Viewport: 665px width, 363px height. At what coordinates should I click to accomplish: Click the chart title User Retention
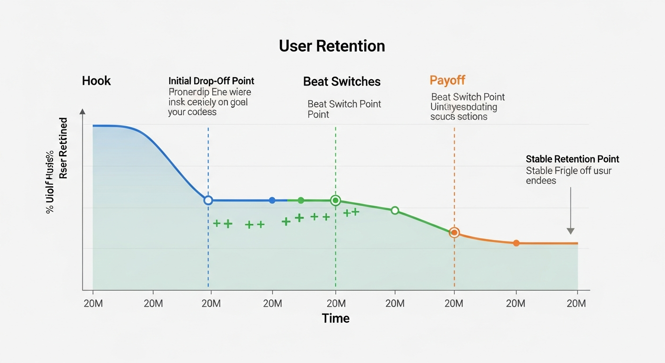pos(332,46)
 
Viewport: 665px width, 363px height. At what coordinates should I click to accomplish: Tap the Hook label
pos(96,81)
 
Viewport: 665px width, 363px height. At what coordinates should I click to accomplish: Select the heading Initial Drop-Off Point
pos(211,81)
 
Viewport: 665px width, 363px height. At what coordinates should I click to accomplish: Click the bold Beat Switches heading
pos(341,81)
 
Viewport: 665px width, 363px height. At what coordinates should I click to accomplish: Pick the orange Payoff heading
pos(447,80)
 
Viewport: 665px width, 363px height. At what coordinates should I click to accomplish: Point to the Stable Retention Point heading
pos(572,159)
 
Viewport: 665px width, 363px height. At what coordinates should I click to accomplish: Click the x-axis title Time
pos(335,318)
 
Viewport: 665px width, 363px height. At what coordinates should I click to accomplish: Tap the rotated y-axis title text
pos(57,165)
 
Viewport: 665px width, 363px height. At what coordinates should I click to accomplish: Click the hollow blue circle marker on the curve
pos(208,200)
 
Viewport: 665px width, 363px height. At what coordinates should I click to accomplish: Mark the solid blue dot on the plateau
pos(272,200)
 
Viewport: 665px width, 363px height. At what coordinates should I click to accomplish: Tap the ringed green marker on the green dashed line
pos(335,200)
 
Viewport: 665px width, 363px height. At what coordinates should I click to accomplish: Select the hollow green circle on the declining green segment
pos(395,210)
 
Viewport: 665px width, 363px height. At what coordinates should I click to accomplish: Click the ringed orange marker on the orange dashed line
pos(454,233)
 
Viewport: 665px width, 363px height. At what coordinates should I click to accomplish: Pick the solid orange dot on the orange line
pos(516,243)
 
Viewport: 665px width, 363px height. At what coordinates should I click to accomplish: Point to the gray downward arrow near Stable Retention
pos(571,211)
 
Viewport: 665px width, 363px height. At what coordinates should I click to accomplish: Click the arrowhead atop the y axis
pos(83,112)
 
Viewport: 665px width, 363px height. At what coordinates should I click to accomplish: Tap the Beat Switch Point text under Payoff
pos(468,97)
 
